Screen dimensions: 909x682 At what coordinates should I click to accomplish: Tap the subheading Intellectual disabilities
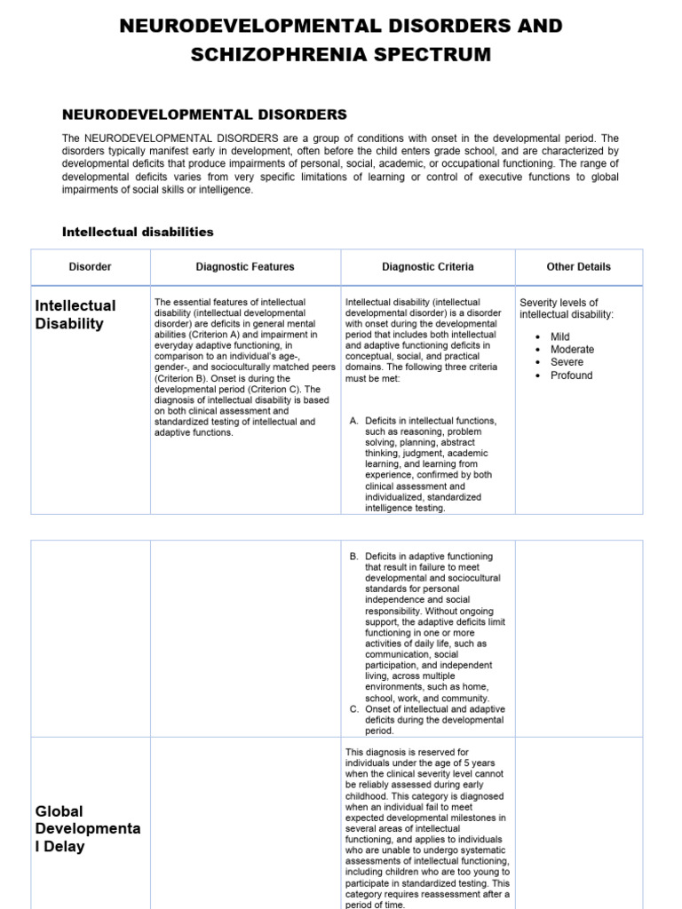pyautogui.click(x=138, y=232)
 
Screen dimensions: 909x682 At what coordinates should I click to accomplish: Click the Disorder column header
pyautogui.click(x=91, y=266)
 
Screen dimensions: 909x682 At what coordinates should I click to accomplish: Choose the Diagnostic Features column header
pyautogui.click(x=245, y=266)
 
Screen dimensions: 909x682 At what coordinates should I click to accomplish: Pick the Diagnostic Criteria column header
pyautogui.click(x=428, y=266)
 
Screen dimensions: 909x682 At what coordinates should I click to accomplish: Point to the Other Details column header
pyautogui.click(x=579, y=266)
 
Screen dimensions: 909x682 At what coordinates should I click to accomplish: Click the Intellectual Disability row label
pyautogui.click(x=75, y=314)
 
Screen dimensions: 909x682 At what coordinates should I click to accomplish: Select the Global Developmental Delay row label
pyautogui.click(x=87, y=828)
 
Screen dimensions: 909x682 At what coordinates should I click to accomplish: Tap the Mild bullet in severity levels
pyautogui.click(x=559, y=336)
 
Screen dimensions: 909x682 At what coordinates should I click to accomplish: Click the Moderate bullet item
pyautogui.click(x=572, y=350)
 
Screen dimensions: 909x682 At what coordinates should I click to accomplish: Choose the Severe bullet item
pyautogui.click(x=567, y=362)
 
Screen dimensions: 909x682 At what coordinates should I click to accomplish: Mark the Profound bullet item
pyautogui.click(x=571, y=375)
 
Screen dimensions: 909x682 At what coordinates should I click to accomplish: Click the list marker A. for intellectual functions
pyautogui.click(x=354, y=420)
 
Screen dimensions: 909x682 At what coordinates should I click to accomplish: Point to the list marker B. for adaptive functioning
pyautogui.click(x=354, y=557)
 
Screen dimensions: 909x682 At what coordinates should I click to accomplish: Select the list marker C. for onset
pyautogui.click(x=354, y=708)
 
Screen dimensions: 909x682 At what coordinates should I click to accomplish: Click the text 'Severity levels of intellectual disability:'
pyautogui.click(x=566, y=308)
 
